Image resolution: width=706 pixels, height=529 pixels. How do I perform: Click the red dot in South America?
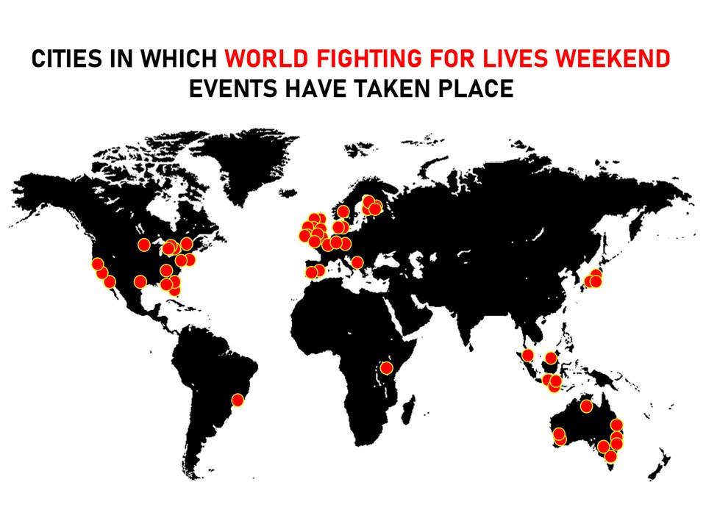tap(238, 400)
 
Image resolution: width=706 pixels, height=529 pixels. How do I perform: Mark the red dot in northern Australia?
tap(586, 406)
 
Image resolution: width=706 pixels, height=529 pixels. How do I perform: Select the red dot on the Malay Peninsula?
tap(527, 356)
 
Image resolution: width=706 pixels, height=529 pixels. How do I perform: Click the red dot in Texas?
tap(140, 281)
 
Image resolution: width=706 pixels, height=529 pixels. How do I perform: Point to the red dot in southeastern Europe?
tap(357, 262)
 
